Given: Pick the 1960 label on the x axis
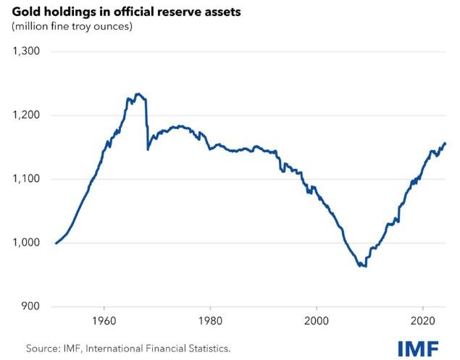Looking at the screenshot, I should pyautogui.click(x=104, y=321).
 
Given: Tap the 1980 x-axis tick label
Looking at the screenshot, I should pyautogui.click(x=210, y=321).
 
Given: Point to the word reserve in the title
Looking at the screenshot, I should pyautogui.click(x=178, y=11).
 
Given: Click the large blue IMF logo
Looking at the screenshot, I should pyautogui.click(x=417, y=348).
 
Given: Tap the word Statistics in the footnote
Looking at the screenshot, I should pyautogui.click(x=205, y=348).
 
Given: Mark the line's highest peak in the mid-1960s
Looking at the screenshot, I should pyautogui.click(x=138, y=94).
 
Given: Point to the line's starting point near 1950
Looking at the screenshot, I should pyautogui.click(x=56, y=243).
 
